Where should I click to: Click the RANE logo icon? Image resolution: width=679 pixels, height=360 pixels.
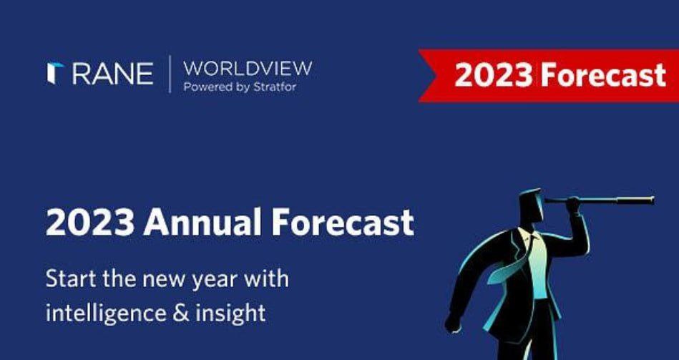(x=55, y=73)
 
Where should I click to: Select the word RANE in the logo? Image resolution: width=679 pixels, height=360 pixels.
(x=112, y=74)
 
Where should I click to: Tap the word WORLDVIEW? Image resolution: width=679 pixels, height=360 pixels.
(x=248, y=69)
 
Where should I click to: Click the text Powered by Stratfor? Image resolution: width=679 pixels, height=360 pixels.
(x=240, y=87)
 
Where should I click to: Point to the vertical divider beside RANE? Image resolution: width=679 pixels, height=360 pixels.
(x=170, y=74)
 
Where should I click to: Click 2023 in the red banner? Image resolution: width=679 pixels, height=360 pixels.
(x=494, y=75)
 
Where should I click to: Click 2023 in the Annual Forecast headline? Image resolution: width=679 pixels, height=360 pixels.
(x=90, y=223)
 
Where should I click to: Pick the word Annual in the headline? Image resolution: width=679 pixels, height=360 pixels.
(x=202, y=222)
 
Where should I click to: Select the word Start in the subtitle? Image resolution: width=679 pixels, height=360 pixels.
(x=72, y=278)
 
